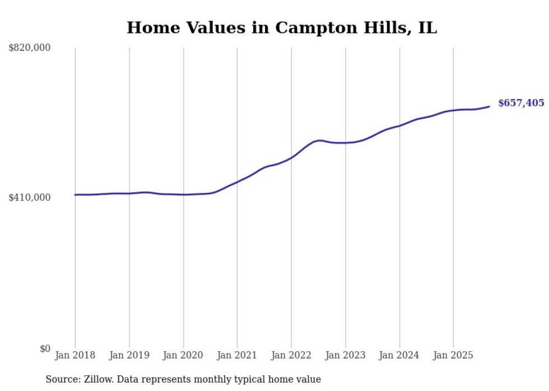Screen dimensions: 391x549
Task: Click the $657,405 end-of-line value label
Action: [520, 103]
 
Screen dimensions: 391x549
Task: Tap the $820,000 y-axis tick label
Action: [30, 48]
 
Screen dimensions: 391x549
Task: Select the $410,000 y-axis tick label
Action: [30, 197]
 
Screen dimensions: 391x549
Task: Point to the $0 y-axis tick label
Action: [45, 348]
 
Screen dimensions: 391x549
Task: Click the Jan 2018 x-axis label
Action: [75, 355]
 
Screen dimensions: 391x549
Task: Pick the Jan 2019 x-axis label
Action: [129, 355]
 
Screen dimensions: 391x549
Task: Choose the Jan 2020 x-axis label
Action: [183, 355]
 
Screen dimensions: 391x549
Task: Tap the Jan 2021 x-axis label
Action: [237, 355]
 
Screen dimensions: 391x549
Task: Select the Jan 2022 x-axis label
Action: [291, 355]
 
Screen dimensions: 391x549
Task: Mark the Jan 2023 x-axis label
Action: [345, 355]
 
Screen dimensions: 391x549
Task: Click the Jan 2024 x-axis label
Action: [399, 355]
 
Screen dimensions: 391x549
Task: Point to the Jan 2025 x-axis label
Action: [453, 355]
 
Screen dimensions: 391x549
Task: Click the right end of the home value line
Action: [490, 106]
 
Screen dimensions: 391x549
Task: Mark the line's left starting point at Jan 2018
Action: [76, 195]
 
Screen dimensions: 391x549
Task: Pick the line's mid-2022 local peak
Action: [319, 140]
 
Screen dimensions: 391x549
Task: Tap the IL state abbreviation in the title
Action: [427, 28]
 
